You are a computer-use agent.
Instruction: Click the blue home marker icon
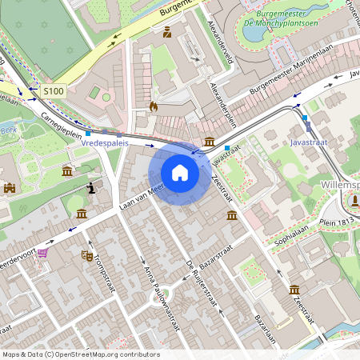click(180, 172)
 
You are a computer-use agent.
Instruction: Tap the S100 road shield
click(53, 91)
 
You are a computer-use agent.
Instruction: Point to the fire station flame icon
click(154, 105)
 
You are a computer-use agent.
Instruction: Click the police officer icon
click(167, 33)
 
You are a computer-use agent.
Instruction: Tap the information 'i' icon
click(93, 188)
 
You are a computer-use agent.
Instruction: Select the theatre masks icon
click(86, 255)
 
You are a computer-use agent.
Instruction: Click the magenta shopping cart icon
click(42, 253)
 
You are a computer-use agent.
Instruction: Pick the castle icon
click(10, 188)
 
